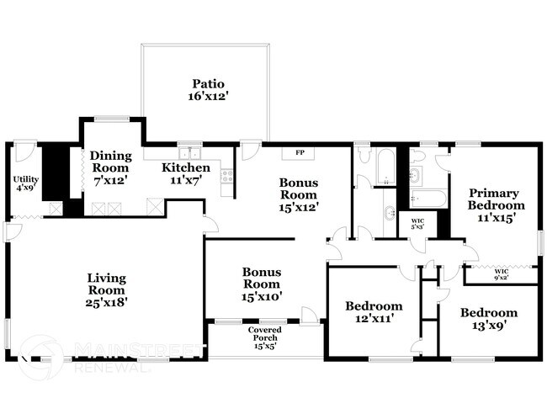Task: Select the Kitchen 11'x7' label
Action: click(187, 173)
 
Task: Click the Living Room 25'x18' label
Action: click(106, 289)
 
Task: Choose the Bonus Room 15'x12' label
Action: click(299, 194)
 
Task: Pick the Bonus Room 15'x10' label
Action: click(262, 284)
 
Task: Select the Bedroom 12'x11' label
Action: click(374, 312)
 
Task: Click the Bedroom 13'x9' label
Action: click(489, 318)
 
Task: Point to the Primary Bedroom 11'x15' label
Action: click(497, 204)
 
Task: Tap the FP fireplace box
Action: click(299, 153)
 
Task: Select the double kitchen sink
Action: click(192, 153)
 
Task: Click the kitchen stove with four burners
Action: click(226, 176)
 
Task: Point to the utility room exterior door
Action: click(23, 151)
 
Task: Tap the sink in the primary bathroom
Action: click(415, 176)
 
